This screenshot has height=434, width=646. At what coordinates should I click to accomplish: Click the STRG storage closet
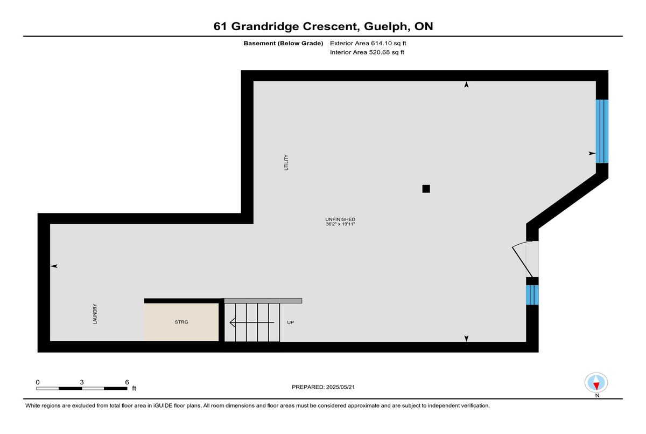coord(181,322)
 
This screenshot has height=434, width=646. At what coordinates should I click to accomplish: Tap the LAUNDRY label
coord(95,314)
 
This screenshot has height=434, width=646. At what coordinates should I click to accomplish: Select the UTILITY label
coord(286,162)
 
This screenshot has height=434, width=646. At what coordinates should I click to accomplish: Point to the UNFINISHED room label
coord(340,219)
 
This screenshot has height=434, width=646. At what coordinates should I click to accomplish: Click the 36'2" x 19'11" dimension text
coord(340,224)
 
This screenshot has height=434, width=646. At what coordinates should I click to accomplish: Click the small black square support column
coord(426,189)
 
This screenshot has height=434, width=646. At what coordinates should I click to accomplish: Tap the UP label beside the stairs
coord(290,322)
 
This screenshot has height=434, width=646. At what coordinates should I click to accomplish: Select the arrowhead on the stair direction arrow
coord(233,322)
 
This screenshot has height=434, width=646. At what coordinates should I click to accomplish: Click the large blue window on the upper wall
coord(602,132)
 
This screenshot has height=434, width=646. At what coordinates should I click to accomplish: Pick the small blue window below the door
coord(532,295)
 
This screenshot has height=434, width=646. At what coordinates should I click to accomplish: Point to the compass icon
coord(596,383)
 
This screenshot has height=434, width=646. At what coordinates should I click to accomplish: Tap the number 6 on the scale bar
coord(127,382)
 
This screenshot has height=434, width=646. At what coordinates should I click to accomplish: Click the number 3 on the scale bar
coord(82,382)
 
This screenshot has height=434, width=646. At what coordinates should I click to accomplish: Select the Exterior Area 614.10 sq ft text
coord(368,43)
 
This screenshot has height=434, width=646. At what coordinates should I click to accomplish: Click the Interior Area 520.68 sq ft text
coord(367,52)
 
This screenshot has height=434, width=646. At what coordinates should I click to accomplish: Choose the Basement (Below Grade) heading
coord(283,43)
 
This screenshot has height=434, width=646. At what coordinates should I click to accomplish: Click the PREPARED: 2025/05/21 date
coord(324,387)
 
